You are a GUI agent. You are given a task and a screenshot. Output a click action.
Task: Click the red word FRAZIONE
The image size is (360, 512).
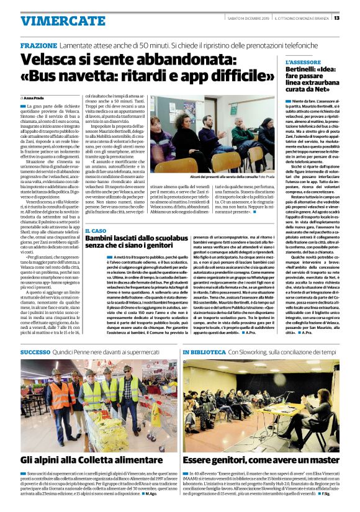click(38, 47)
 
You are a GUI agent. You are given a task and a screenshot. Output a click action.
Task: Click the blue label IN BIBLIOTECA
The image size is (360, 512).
click(204, 352)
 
